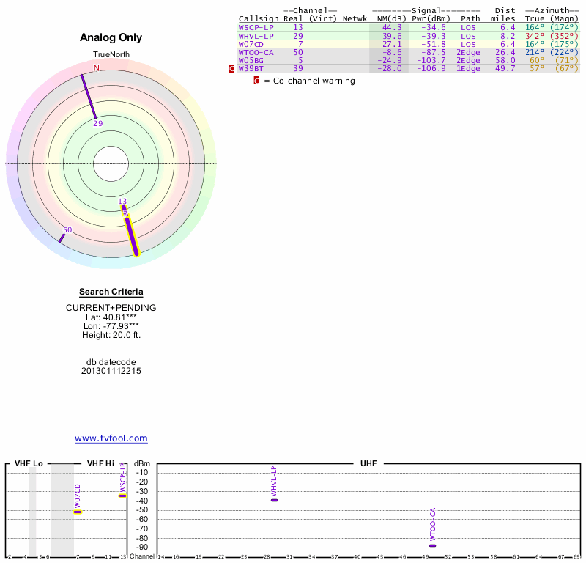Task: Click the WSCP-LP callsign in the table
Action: click(256, 27)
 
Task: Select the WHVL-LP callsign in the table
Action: click(256, 36)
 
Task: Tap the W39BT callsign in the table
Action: click(251, 69)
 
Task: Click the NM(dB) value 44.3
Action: click(392, 27)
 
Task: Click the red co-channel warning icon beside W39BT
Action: click(232, 69)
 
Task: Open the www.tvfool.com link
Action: click(111, 438)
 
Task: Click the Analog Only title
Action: click(111, 37)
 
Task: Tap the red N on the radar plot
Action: click(96, 68)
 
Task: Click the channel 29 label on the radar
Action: click(98, 124)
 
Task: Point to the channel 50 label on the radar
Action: click(67, 230)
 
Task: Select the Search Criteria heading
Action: click(111, 292)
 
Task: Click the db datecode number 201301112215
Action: click(111, 371)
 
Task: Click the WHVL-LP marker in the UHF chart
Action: click(275, 500)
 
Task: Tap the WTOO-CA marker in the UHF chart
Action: click(432, 545)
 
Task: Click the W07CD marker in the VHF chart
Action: click(78, 512)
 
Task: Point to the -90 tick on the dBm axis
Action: click(142, 548)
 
